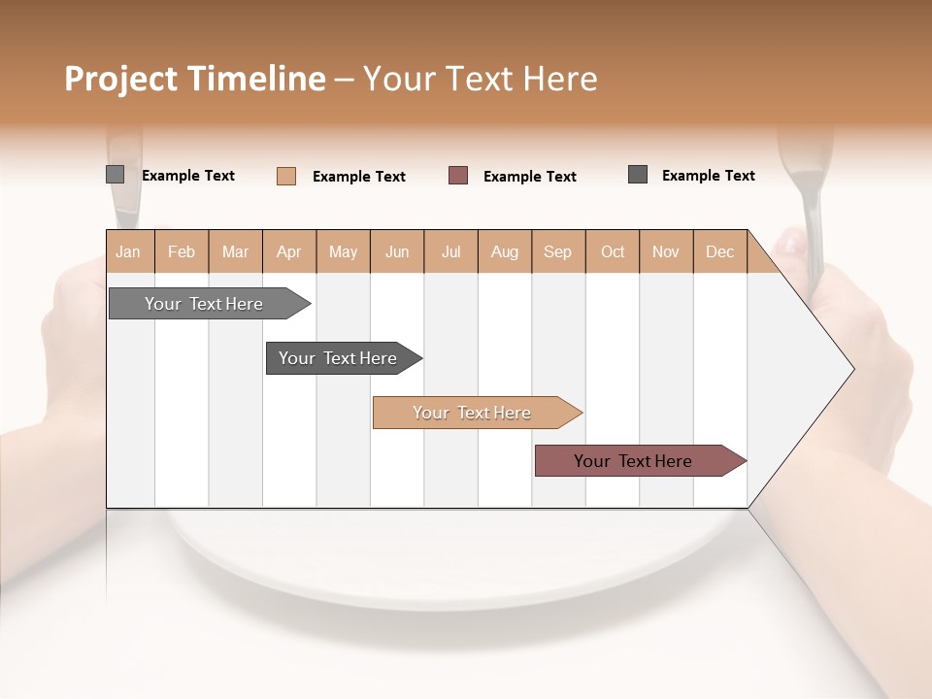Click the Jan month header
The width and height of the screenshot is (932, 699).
pyautogui.click(x=128, y=251)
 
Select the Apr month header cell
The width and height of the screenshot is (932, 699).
pyautogui.click(x=288, y=251)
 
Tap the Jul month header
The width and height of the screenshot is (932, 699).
pyautogui.click(x=450, y=251)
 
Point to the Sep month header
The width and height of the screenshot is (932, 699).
pyautogui.click(x=557, y=251)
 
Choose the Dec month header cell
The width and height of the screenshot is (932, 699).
pyautogui.click(x=719, y=251)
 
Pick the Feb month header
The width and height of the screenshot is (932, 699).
pyautogui.click(x=182, y=251)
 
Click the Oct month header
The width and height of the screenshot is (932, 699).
pyautogui.click(x=613, y=251)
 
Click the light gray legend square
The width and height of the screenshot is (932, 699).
pyautogui.click(x=115, y=175)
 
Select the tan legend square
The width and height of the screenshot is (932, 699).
pyautogui.click(x=285, y=176)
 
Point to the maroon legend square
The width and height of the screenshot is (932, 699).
pyautogui.click(x=458, y=176)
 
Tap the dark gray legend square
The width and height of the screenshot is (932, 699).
pyautogui.click(x=638, y=175)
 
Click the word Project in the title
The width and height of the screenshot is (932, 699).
pyautogui.click(x=121, y=79)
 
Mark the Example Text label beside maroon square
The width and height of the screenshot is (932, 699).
pyautogui.click(x=529, y=177)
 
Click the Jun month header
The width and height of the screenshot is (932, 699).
pyautogui.click(x=397, y=251)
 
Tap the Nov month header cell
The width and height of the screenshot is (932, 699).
pyautogui.click(x=666, y=251)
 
